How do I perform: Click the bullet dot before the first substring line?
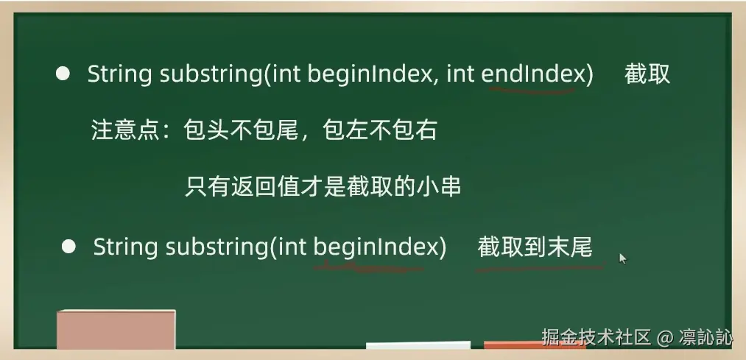coord(63,74)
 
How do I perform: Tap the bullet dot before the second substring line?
coord(69,247)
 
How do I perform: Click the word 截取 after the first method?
coord(647,74)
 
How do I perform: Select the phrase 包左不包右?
coord(380,130)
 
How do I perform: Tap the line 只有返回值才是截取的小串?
coord(323,187)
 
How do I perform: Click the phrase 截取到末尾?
coord(535,247)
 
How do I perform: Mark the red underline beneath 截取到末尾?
coord(540,268)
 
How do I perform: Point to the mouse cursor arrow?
coord(623,258)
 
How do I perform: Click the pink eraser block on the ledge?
coord(116,329)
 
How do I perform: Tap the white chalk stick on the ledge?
coord(418,345)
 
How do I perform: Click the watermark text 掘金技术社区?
coord(596,336)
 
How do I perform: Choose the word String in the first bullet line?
coord(119,74)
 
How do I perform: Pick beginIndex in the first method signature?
coord(369,74)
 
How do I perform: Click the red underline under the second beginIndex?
coord(367,269)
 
